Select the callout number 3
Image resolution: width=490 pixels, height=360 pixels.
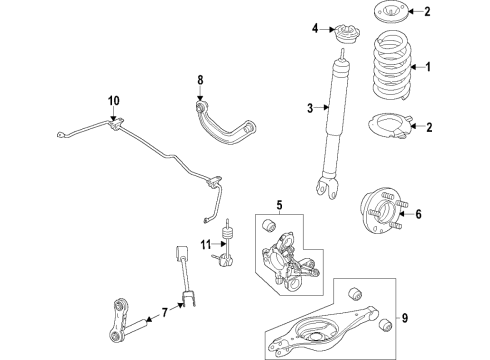coord(311,109)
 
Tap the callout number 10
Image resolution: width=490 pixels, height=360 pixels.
coord(113,99)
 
